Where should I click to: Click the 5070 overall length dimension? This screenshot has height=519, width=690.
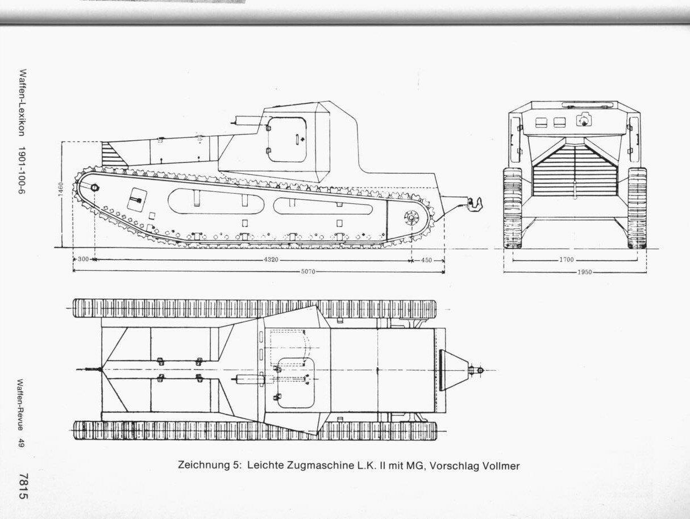pos(308,271)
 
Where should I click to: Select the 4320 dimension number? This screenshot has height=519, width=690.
pos(271,259)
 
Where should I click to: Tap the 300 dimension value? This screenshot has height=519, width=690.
pos(83,259)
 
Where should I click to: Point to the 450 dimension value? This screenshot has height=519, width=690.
pos(426,260)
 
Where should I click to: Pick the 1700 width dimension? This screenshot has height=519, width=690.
pos(566,259)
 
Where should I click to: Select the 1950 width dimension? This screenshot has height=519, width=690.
pos(584,272)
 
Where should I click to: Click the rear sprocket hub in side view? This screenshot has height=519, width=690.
pos(411,217)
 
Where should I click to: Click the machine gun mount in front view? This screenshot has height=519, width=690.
pos(584,120)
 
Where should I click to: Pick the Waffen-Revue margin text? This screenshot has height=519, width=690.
pos(22,405)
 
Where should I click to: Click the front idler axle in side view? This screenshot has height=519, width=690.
pos(94,188)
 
